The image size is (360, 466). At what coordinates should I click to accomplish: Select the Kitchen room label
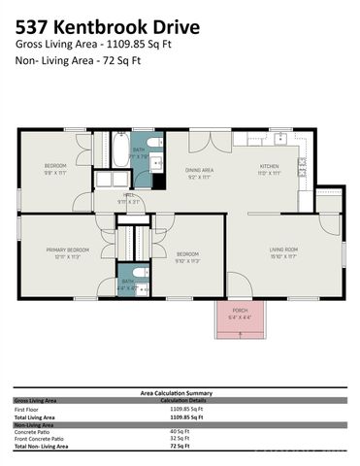tap(269, 169)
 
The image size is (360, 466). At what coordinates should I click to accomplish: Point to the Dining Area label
tap(200, 173)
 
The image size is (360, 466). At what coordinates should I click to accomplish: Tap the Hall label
tap(129, 198)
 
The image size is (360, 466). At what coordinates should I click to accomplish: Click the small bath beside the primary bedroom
tap(131, 282)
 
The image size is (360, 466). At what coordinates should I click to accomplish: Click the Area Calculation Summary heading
tap(180, 392)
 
